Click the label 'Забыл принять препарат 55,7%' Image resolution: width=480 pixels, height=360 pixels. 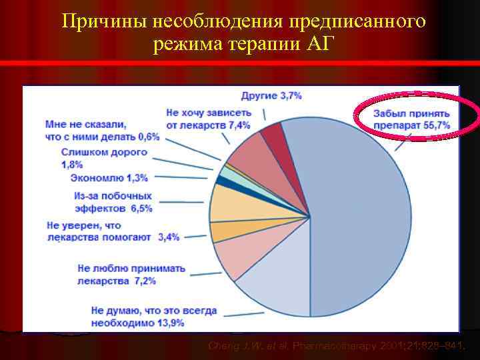(411, 119)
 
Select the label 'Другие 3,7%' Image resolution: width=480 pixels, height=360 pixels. (271, 96)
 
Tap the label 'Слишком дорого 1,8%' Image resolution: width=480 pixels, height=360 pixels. (103, 158)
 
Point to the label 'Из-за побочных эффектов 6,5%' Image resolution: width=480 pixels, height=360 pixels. (113, 202)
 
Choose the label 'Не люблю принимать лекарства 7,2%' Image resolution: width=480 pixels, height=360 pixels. (131, 274)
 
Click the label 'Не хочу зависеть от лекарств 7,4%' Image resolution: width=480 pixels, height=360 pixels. (208, 119)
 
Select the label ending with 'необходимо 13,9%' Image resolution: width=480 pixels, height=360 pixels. (153, 317)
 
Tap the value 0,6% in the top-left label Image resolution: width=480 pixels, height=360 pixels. (149, 137)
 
